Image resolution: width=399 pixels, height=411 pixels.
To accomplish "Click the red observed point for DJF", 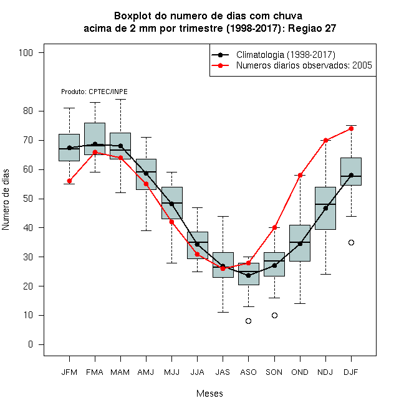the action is point(351,129).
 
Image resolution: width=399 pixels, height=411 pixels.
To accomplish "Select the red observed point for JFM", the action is point(70,181).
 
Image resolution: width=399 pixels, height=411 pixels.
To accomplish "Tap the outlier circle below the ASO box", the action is point(248,321).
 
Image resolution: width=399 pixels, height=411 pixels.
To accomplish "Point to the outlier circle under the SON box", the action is point(274,315).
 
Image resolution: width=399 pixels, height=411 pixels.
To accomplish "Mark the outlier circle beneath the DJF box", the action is point(351,243).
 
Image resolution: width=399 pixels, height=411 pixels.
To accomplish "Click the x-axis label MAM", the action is point(120,372).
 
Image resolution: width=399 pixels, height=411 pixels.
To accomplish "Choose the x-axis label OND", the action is point(300,372).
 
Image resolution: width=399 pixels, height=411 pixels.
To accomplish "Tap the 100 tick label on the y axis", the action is point(26,53).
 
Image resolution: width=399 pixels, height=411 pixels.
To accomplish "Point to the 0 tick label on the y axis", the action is point(31,344).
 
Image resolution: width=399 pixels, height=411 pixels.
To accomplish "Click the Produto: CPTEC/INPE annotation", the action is point(94,92).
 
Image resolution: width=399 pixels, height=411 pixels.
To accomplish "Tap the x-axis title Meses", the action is point(209,394).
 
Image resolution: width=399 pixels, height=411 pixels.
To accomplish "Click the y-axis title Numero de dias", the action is point(6,200).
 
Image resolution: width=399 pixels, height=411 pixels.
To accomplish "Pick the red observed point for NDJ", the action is point(326,141).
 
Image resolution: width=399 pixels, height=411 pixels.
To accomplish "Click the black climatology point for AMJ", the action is point(146,174).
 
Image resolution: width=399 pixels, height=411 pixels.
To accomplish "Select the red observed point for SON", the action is point(274,228).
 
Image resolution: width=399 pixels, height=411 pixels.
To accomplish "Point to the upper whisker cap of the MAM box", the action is point(120,100).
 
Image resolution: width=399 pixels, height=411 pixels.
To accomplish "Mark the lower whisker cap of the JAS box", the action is point(223,313).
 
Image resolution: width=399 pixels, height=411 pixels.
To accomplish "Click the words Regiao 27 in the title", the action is point(312,28).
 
